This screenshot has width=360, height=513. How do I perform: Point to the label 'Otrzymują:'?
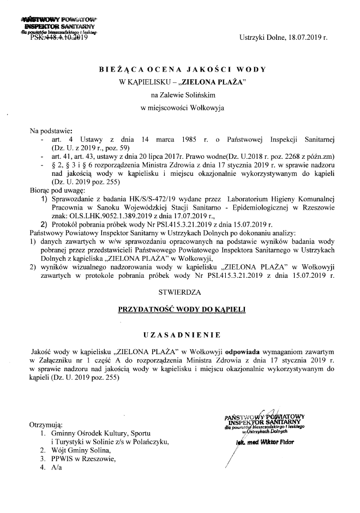tap(46, 425)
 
